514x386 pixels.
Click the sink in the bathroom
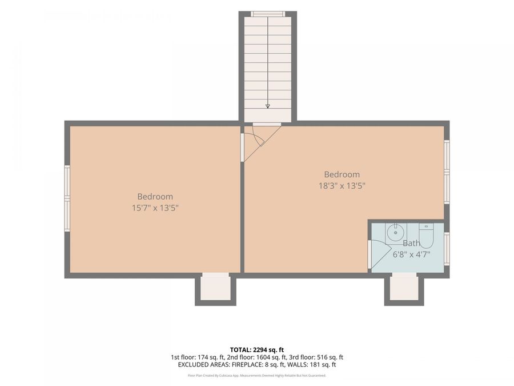pyautogui.click(x=396, y=232)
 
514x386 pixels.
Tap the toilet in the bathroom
pyautogui.click(x=426, y=236)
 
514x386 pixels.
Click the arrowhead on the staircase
pyautogui.click(x=268, y=106)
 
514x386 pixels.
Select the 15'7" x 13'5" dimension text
pyautogui.click(x=155, y=208)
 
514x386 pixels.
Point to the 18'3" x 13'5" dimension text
pyautogui.click(x=342, y=186)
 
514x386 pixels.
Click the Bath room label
pyautogui.click(x=411, y=243)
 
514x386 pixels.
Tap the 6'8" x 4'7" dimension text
pyautogui.click(x=411, y=254)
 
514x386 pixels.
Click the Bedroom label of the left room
pyautogui.click(x=155, y=197)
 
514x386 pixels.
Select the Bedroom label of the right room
pyautogui.click(x=342, y=174)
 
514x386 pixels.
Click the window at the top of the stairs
pyautogui.click(x=268, y=14)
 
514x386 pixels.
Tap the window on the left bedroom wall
pyautogui.click(x=67, y=198)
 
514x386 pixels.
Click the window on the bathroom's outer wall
pyautogui.click(x=447, y=249)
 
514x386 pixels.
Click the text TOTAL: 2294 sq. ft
pyautogui.click(x=257, y=350)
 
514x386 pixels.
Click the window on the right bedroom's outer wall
pyautogui.click(x=447, y=172)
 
